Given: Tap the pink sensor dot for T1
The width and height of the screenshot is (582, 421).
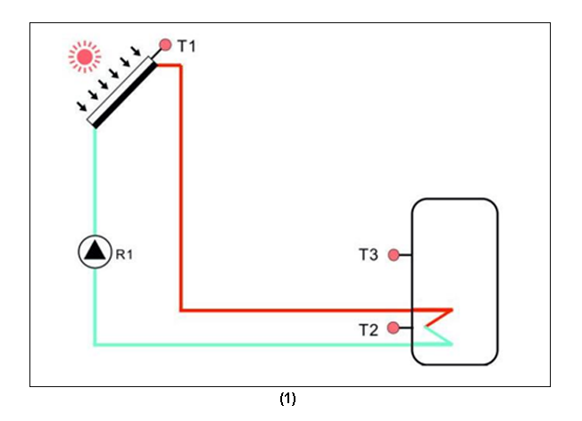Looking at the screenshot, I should point(164,44).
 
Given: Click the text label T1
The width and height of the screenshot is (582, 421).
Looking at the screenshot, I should point(186,45).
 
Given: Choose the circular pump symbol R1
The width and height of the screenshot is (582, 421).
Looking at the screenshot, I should point(93,252).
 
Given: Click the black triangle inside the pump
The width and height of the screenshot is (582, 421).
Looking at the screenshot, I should point(93,252).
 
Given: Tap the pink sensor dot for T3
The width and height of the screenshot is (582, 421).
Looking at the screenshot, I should point(393,255).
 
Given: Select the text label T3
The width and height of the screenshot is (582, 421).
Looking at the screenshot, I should point(368,255).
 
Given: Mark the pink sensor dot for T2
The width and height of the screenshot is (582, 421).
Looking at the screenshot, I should point(393,328).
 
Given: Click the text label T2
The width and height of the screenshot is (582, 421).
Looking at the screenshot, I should point(368,329).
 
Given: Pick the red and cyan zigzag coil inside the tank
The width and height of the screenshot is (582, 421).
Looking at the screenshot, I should point(438,326).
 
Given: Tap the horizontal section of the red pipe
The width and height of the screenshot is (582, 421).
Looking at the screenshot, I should point(312,310).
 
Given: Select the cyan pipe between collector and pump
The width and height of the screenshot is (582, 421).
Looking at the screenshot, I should point(94,178).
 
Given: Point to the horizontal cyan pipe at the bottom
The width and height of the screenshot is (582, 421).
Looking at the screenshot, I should point(268,343).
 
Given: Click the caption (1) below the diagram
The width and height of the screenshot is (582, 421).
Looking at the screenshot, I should point(287,399).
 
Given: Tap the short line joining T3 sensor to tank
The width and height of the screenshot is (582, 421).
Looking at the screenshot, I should point(405,255).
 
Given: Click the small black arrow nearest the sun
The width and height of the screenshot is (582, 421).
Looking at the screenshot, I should point(136,54).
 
